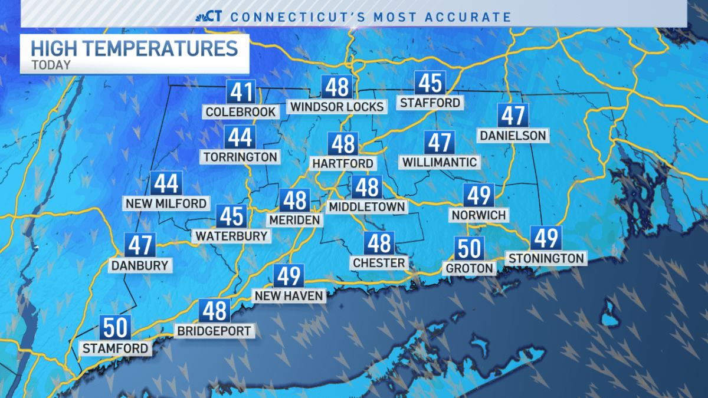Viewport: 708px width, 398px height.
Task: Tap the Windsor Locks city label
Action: point(337,106)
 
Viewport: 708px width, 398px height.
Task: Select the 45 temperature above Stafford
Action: point(430,83)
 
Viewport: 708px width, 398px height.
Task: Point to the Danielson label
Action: point(513,136)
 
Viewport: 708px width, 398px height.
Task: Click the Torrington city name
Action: point(240,157)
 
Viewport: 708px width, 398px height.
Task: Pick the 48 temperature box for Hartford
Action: point(343,143)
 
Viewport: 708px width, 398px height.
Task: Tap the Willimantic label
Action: point(440,162)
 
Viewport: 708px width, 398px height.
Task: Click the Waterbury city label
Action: point(232,236)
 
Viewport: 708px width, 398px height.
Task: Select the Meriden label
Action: point(294,220)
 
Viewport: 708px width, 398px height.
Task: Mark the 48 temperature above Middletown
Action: point(367,187)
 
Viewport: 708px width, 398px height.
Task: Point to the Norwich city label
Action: point(478,215)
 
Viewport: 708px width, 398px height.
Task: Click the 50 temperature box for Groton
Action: point(470,248)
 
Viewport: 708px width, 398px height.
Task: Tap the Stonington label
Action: point(546,258)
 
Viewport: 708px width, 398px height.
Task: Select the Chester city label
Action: point(379,263)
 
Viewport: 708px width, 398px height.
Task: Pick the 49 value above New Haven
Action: point(288,276)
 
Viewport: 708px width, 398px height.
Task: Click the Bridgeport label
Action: point(215,331)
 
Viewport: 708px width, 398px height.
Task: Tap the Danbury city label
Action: point(140,265)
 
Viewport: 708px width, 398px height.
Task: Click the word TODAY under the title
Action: point(51,65)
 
